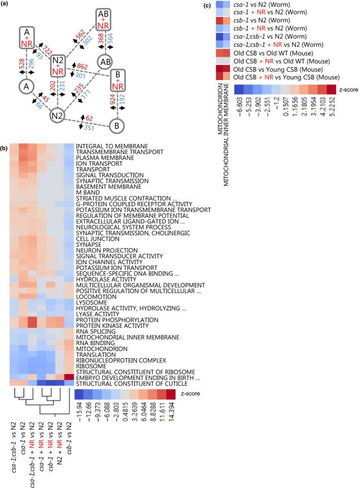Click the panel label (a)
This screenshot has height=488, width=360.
7,5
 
